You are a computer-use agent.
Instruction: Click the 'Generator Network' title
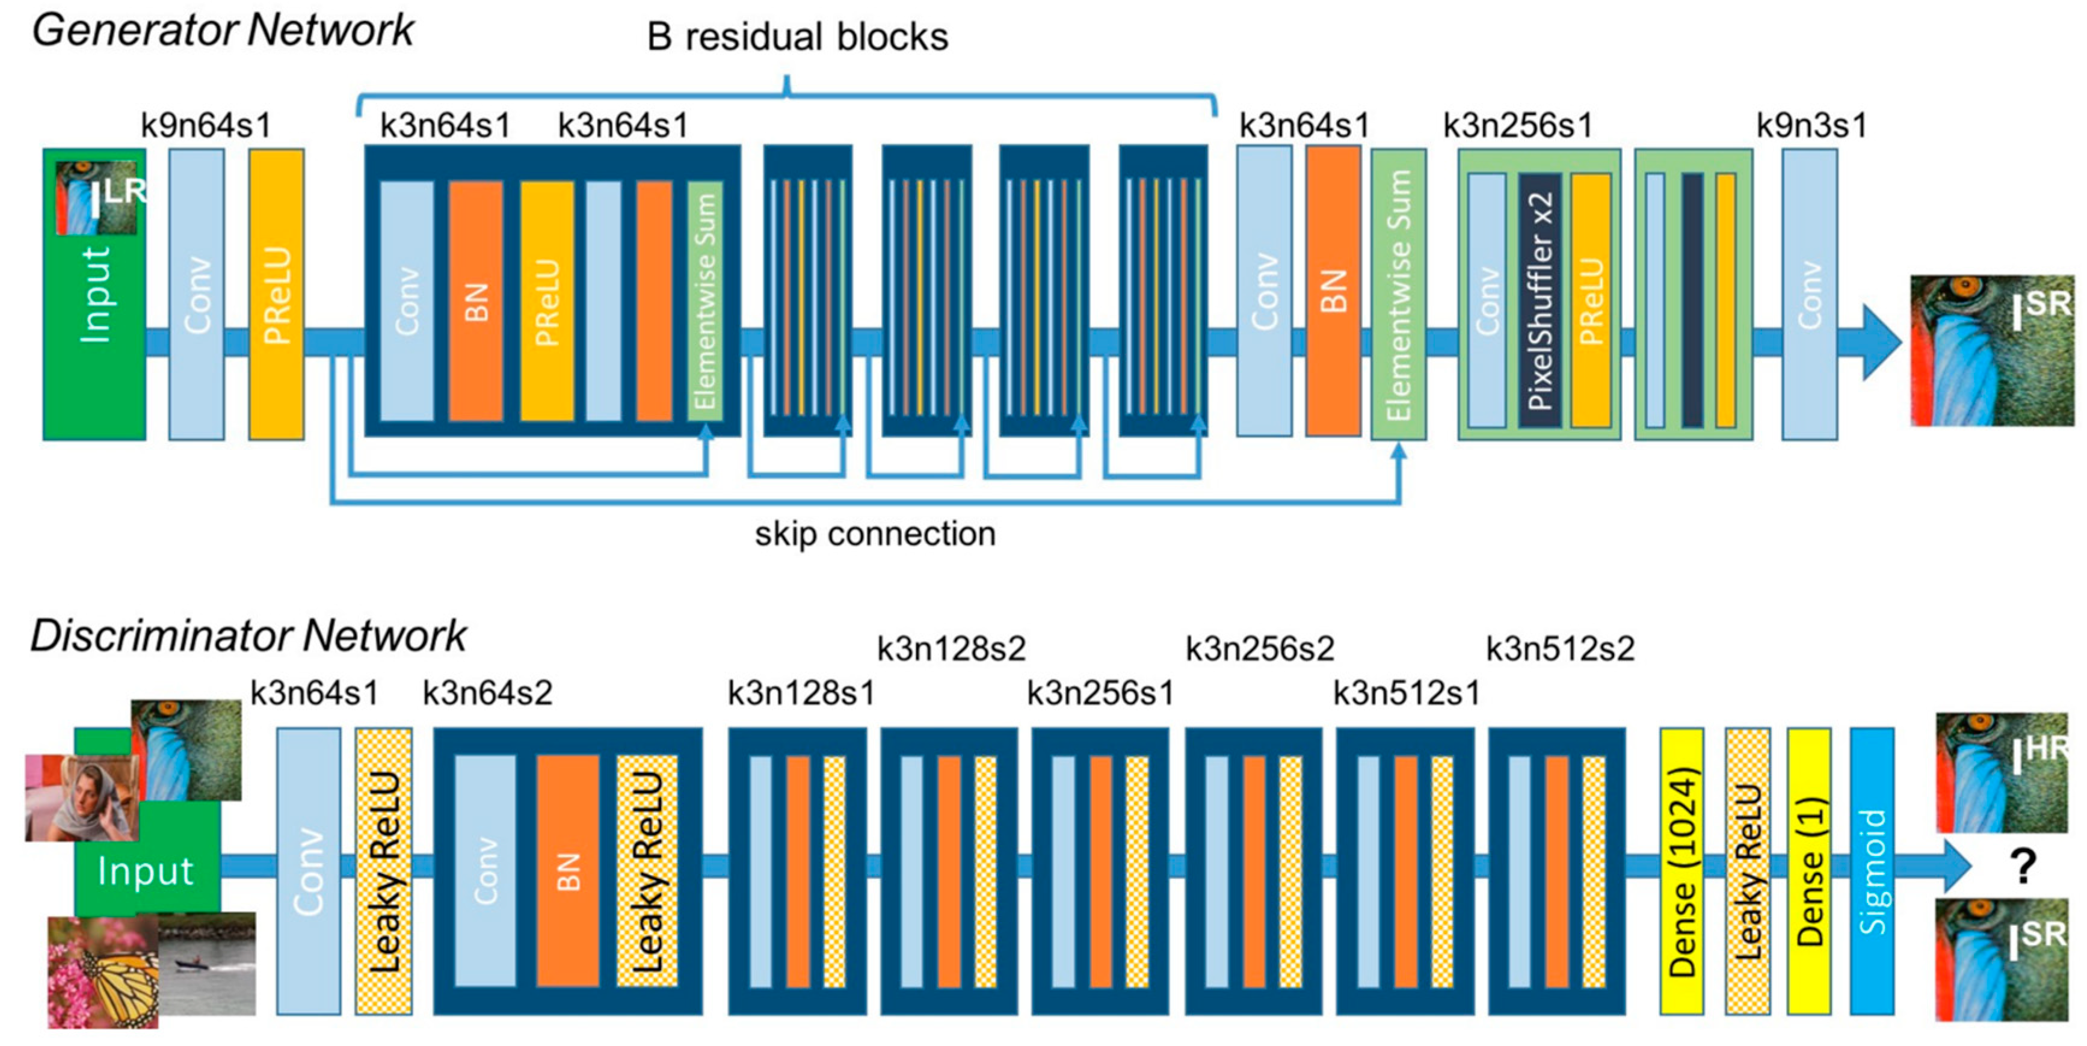click(223, 31)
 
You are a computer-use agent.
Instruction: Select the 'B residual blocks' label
click(797, 37)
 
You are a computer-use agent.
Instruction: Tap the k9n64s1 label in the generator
click(206, 126)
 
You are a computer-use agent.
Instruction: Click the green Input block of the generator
click(94, 324)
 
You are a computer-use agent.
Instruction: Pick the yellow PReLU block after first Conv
click(276, 295)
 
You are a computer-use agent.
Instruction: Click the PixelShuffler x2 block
click(1540, 300)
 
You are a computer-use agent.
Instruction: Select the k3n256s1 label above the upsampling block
click(1517, 126)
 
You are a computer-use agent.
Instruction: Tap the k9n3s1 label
click(1811, 126)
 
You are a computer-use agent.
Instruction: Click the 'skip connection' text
click(875, 534)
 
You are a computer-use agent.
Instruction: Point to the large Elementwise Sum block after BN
click(1398, 295)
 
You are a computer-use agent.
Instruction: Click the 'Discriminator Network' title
click(248, 636)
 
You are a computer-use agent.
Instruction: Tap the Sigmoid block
click(1872, 871)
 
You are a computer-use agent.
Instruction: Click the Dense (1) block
click(1808, 871)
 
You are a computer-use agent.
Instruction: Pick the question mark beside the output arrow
click(2023, 867)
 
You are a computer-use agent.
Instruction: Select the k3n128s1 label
click(801, 694)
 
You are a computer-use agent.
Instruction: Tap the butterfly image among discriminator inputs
click(103, 972)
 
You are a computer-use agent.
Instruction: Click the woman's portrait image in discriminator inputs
click(81, 798)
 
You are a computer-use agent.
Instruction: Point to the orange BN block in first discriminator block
click(567, 871)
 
